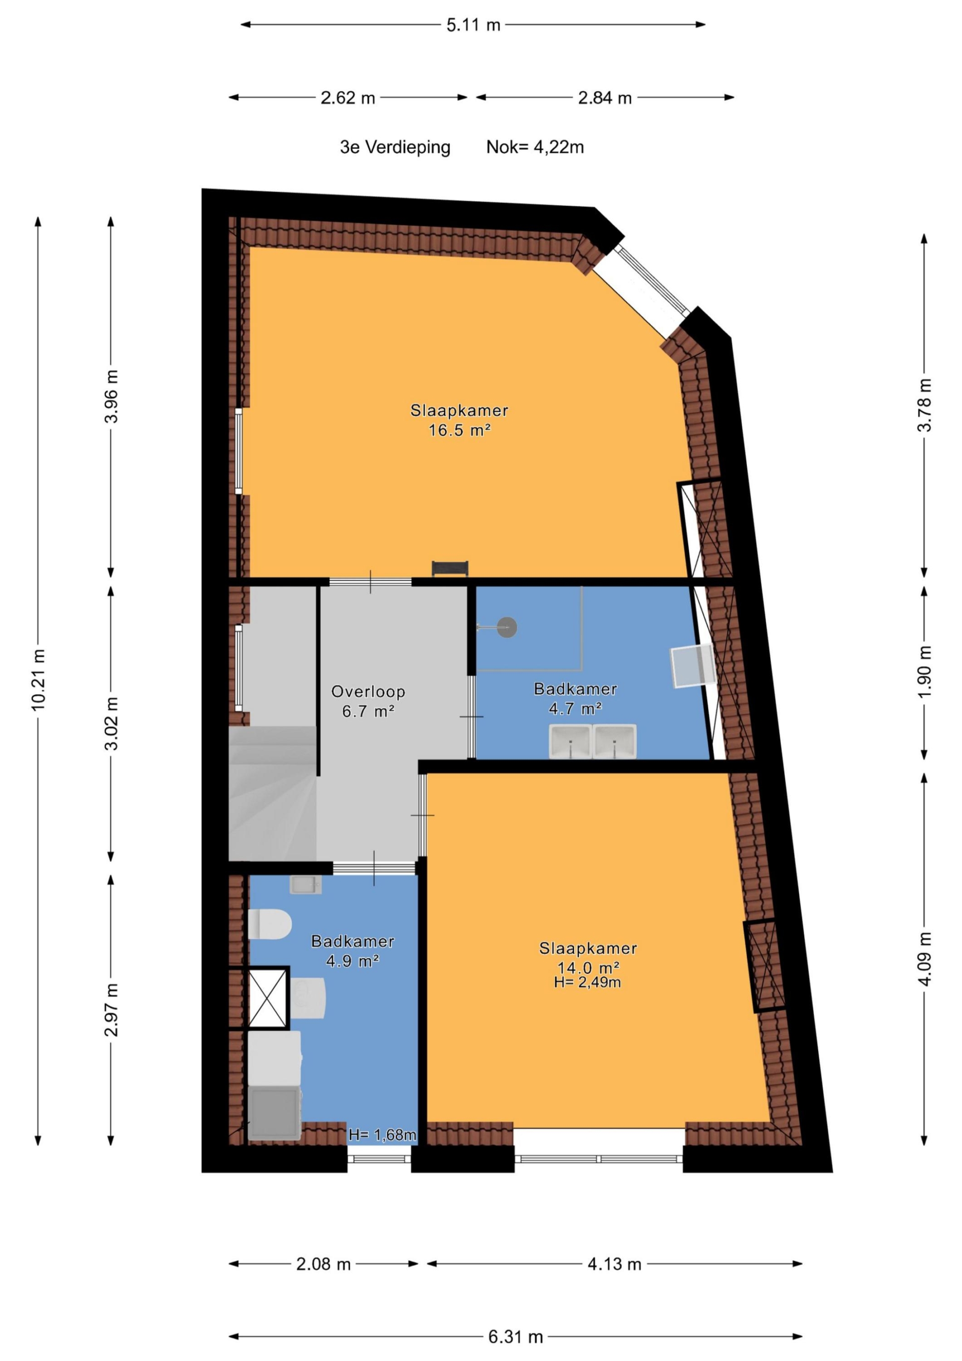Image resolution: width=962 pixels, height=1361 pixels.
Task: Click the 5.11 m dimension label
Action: [x=473, y=25]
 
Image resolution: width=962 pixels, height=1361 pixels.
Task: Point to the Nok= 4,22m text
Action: [x=535, y=147]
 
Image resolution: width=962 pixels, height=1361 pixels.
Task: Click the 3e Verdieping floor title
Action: [x=395, y=147]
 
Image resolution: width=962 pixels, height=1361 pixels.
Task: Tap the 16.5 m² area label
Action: [x=459, y=430]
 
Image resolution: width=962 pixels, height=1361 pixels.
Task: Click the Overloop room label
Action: [x=368, y=691]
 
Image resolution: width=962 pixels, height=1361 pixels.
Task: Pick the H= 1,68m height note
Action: [x=382, y=1135]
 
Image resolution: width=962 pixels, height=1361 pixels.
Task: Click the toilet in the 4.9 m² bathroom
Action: [x=270, y=924]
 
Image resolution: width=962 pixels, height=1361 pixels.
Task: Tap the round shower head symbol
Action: [x=507, y=627]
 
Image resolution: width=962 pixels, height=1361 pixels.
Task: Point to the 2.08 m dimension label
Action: [x=324, y=1264]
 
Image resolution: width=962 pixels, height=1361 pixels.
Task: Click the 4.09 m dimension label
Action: [x=924, y=958]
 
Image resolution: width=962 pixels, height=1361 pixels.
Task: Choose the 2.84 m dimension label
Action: [x=605, y=98]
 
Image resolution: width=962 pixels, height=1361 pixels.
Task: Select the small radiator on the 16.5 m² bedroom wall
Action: [x=450, y=568]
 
